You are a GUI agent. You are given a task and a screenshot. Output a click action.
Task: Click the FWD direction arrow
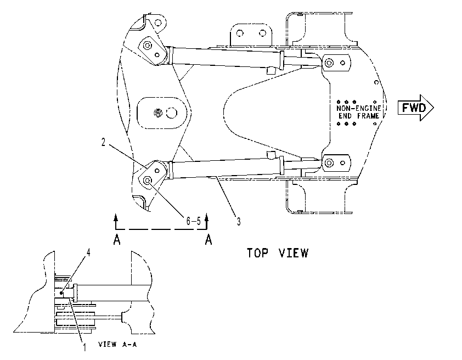tap(415, 108)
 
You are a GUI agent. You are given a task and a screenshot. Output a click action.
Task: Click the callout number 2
tap(103, 143)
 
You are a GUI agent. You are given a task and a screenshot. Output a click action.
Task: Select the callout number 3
tap(239, 221)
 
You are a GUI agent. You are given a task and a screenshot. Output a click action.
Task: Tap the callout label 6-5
tap(193, 221)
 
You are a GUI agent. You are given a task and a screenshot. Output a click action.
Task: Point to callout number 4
tap(88, 252)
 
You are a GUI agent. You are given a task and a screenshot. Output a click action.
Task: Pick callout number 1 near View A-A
tap(84, 347)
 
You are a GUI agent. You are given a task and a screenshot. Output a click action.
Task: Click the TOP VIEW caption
tap(277, 253)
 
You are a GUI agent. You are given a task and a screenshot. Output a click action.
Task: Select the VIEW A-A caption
tap(117, 344)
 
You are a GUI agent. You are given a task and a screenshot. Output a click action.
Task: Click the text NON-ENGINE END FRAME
tap(359, 112)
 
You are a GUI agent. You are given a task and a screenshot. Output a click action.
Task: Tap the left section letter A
tap(117, 239)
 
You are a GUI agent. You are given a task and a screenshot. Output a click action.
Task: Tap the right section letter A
tap(209, 239)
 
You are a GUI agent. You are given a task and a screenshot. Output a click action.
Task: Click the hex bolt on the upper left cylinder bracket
tap(147, 46)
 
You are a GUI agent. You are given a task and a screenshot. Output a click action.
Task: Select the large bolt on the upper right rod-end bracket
tap(328, 63)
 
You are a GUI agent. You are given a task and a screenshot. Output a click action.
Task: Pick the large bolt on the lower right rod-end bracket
tap(328, 162)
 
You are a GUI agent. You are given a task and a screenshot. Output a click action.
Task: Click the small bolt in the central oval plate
tap(158, 113)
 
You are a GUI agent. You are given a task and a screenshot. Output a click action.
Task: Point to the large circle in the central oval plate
tap(172, 113)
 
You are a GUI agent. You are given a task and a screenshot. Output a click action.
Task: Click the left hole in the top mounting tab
tap(240, 33)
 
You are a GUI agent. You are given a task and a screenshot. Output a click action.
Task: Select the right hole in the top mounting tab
tap(262, 33)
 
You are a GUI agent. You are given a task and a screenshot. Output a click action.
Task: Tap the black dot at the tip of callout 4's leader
tap(61, 293)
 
